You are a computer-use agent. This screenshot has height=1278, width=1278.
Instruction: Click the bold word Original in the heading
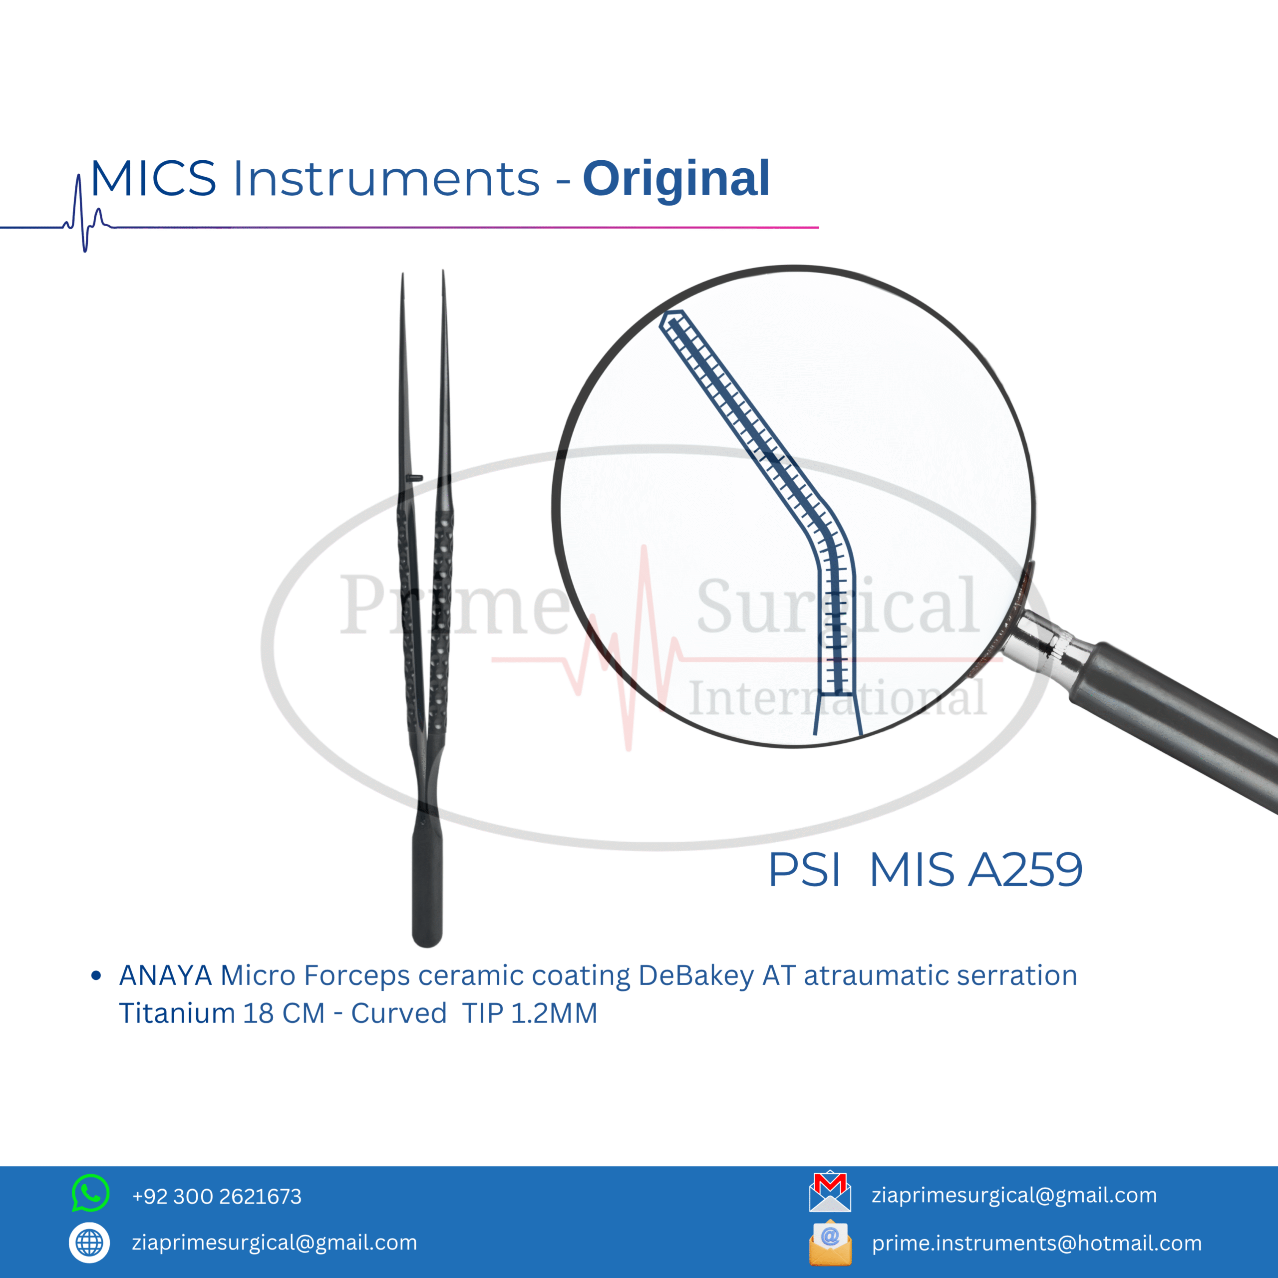(x=676, y=179)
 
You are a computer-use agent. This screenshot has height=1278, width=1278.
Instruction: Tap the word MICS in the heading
(x=153, y=179)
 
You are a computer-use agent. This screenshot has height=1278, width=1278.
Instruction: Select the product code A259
(x=1025, y=869)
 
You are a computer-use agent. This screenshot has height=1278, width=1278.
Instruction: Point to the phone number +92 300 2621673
(x=217, y=1196)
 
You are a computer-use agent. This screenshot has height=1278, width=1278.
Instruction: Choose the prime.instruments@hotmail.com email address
(x=1036, y=1243)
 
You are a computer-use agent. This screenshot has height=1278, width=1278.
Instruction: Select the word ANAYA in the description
(x=165, y=975)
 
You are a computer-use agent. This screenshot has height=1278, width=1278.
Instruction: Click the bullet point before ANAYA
(x=96, y=975)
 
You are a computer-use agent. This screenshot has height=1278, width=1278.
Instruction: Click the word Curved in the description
(x=399, y=1013)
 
